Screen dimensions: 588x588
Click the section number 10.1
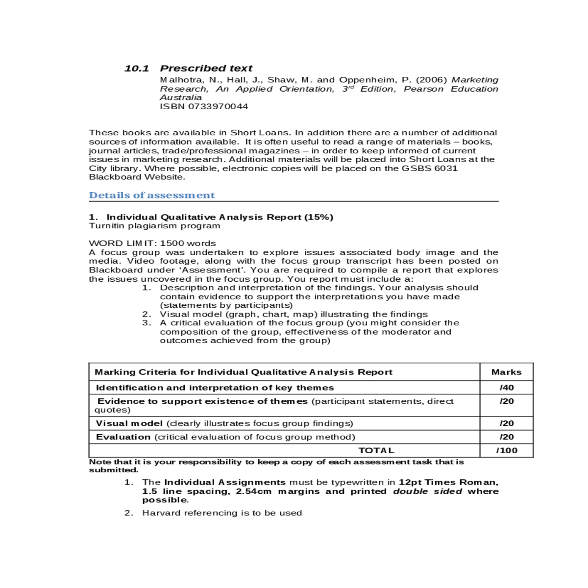point(137,69)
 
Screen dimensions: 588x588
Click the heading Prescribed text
point(206,69)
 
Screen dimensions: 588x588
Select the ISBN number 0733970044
point(218,106)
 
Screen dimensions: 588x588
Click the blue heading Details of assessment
point(152,195)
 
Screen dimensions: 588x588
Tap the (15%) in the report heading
point(318,217)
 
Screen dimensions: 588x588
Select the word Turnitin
point(108,226)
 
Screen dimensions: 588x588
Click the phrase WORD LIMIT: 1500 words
point(152,243)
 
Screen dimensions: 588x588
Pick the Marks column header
point(506,372)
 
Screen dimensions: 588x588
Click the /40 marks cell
point(507,388)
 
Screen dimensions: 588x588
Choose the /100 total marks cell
point(507,450)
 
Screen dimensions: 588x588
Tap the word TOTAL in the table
point(376,450)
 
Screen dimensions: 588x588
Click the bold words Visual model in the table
point(129,423)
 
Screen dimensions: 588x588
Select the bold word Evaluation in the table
point(123,437)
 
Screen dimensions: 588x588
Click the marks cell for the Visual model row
point(507,423)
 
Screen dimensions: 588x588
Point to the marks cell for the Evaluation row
point(507,437)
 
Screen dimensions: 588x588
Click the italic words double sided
point(427,491)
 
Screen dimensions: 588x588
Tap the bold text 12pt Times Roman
point(448,482)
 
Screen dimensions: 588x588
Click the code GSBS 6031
point(430,169)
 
